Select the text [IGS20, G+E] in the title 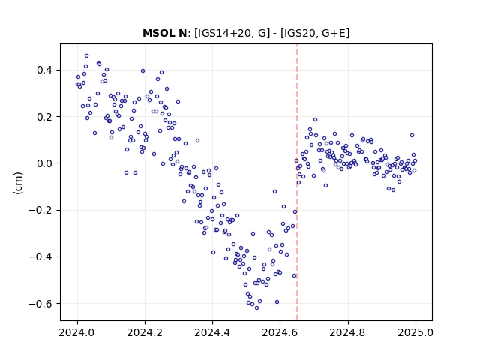pyautogui.click(x=315, y=33)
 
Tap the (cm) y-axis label pyautogui.click(x=18, y=183)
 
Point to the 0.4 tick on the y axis pyautogui.click(x=45, y=70)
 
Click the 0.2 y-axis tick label pyautogui.click(x=45, y=117)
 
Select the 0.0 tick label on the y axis pyautogui.click(x=45, y=163)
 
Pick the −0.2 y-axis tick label pyautogui.click(x=40, y=210)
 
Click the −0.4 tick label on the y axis pyautogui.click(x=40, y=256)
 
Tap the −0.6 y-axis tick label pyautogui.click(x=40, y=304)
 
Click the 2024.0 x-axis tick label pyautogui.click(x=77, y=332)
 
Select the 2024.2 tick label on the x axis pyautogui.click(x=145, y=332)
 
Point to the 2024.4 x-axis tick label pyautogui.click(x=212, y=332)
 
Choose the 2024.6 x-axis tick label pyautogui.click(x=280, y=332)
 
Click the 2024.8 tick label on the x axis pyautogui.click(x=348, y=332)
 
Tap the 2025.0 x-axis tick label pyautogui.click(x=415, y=332)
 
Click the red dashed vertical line pyautogui.click(x=297, y=182)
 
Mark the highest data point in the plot pyautogui.click(x=87, y=56)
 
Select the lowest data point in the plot pyautogui.click(x=256, y=308)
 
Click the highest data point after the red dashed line pyautogui.click(x=315, y=120)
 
